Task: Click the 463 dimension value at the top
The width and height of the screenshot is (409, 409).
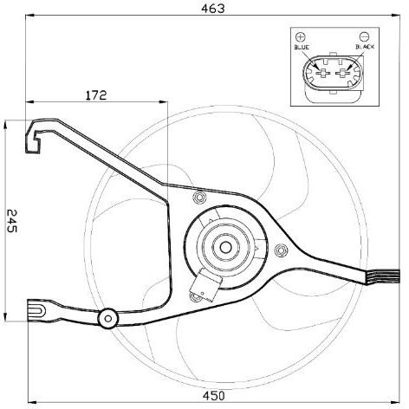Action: click(x=212, y=9)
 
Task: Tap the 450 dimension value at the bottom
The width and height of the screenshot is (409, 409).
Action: click(x=213, y=395)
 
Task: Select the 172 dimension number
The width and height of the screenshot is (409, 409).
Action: click(x=96, y=95)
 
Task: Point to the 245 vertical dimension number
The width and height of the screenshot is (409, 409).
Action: click(x=12, y=221)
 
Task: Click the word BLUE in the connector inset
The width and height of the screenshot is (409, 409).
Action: click(x=302, y=47)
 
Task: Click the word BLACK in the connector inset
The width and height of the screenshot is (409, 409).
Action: click(x=365, y=47)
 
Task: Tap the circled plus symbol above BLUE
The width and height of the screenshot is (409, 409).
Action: click(x=301, y=36)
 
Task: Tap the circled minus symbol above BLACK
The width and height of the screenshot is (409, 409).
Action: click(x=364, y=36)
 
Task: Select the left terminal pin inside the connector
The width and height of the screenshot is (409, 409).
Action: click(x=323, y=74)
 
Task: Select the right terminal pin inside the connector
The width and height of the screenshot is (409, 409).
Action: click(x=342, y=74)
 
